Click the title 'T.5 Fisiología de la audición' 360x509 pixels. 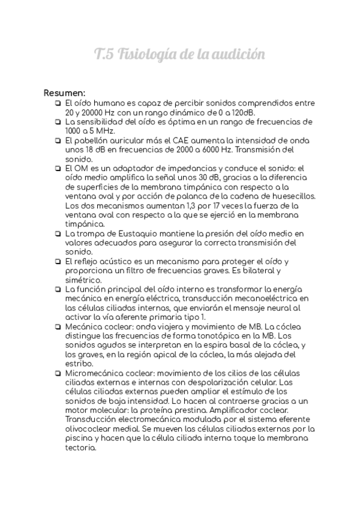[179, 55]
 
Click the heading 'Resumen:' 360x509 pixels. [64, 93]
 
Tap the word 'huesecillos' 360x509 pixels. [290, 196]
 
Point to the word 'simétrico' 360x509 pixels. [83, 280]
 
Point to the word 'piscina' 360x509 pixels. [80, 438]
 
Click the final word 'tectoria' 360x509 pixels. [81, 448]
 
